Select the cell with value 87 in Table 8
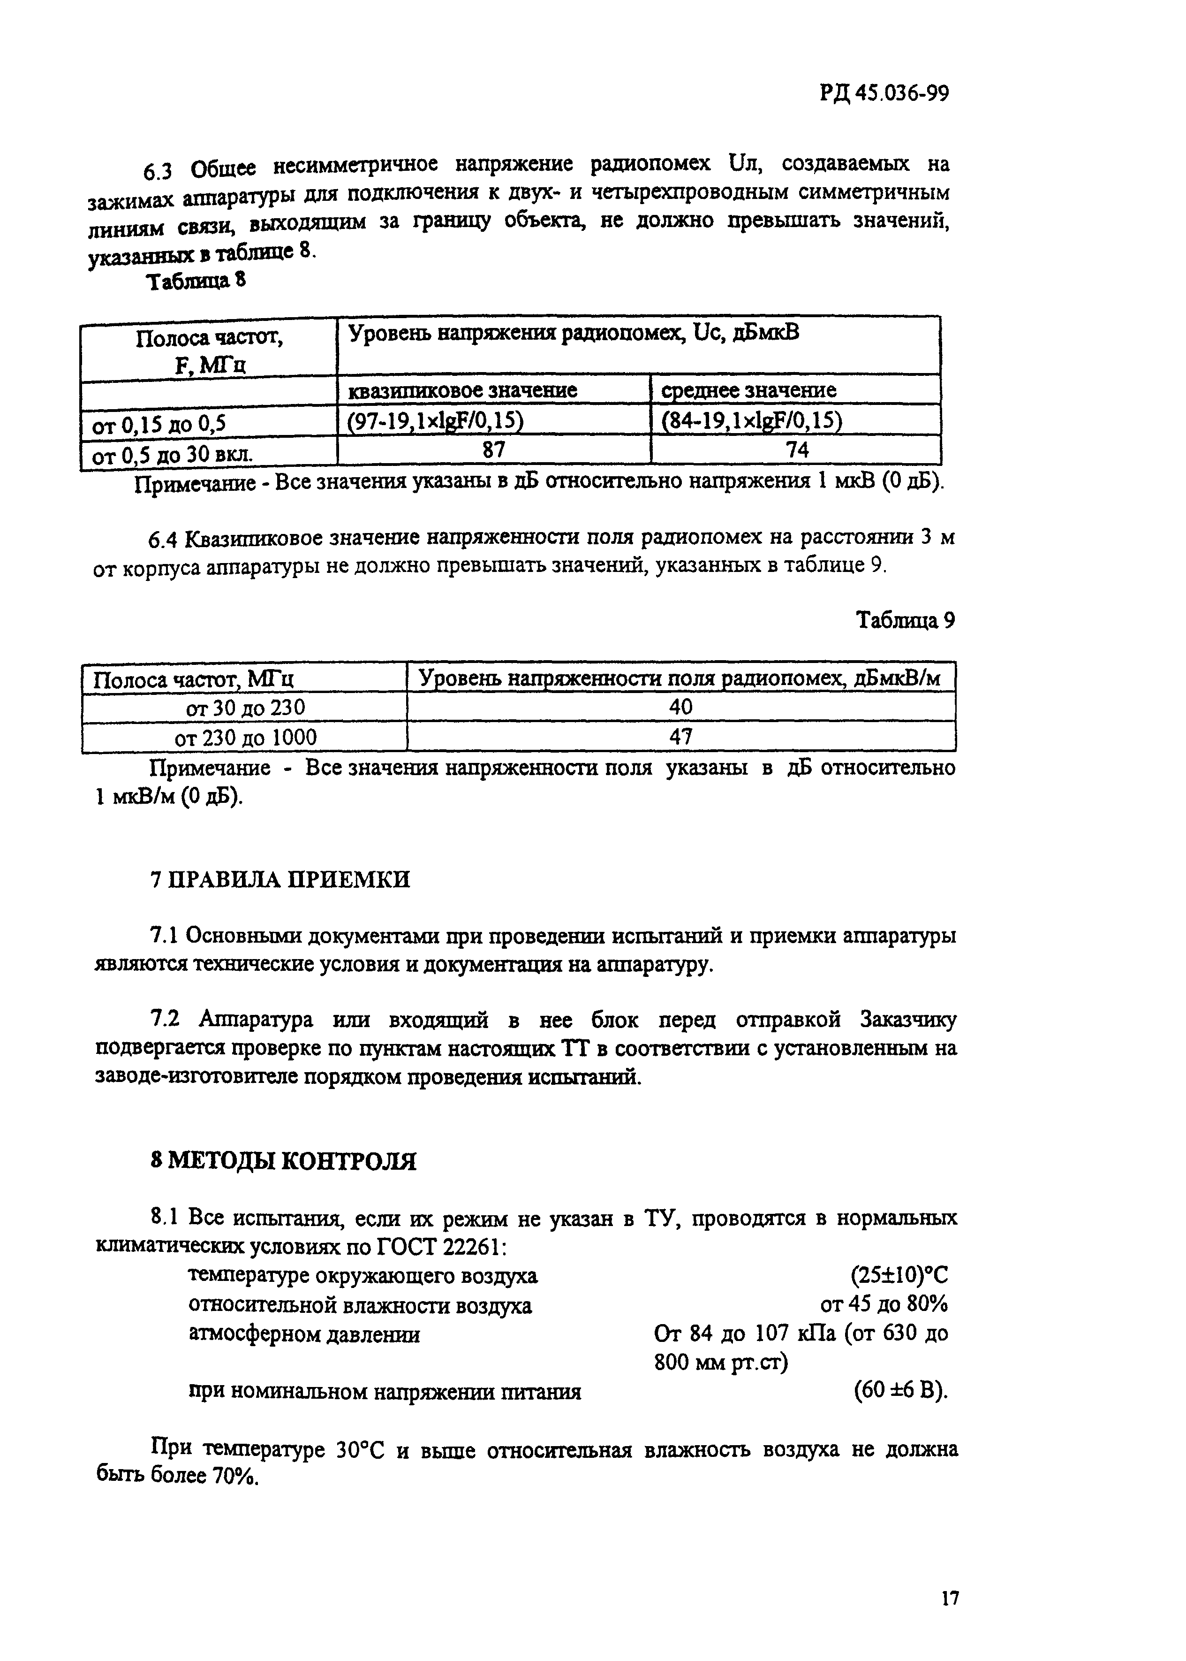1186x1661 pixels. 494,450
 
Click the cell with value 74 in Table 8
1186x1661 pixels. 797,450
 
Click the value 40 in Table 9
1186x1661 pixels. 680,707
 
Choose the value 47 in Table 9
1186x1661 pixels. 680,737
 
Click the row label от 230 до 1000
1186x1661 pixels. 245,737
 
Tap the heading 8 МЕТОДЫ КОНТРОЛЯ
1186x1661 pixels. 283,1161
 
